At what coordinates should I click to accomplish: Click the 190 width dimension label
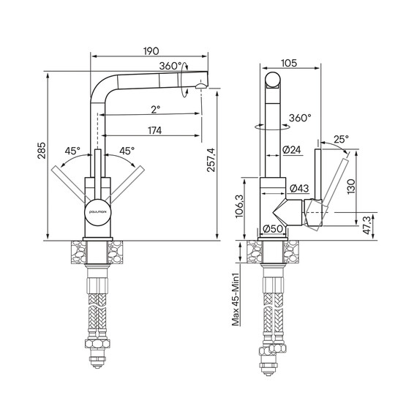pyautogui.click(x=151, y=51)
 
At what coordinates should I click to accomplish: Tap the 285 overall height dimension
pyautogui.click(x=42, y=151)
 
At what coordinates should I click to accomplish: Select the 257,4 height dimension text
pyautogui.click(x=211, y=159)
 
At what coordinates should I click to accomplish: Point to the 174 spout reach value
pyautogui.click(x=155, y=130)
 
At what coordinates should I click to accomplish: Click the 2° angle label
pyautogui.click(x=156, y=109)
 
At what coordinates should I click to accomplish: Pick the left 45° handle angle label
pyautogui.click(x=72, y=151)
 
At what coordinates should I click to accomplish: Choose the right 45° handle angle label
pyautogui.click(x=127, y=151)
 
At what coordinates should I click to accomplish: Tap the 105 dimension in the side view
pyautogui.click(x=289, y=64)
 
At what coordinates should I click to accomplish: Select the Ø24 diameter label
pyautogui.click(x=292, y=150)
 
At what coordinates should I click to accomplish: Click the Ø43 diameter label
pyautogui.click(x=299, y=188)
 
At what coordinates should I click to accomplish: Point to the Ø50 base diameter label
pyautogui.click(x=273, y=228)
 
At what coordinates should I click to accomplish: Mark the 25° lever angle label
pyautogui.click(x=341, y=139)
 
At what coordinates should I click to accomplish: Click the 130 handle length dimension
pyautogui.click(x=351, y=187)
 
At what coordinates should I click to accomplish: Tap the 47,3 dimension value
pyautogui.click(x=367, y=225)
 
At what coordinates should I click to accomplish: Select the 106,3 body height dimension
pyautogui.click(x=239, y=206)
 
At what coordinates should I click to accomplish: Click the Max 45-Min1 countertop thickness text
pyautogui.click(x=236, y=299)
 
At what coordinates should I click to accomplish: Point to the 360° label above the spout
pyautogui.click(x=170, y=66)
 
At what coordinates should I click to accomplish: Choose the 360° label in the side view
pyautogui.click(x=300, y=118)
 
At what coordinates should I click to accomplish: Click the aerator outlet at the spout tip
pyautogui.click(x=201, y=86)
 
